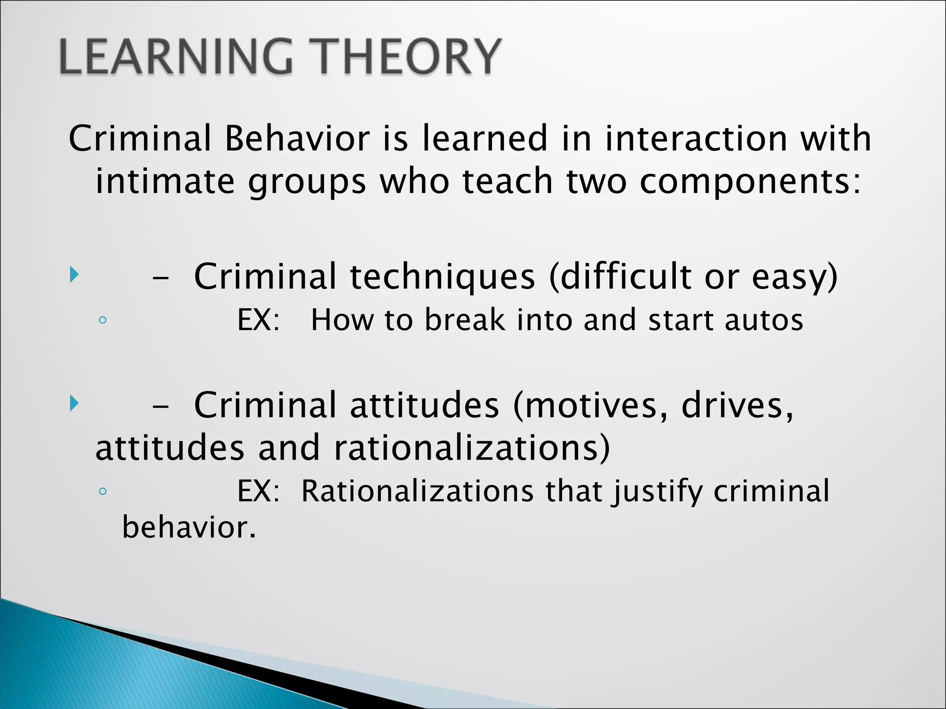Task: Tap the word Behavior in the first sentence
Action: [x=297, y=138]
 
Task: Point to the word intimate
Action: [x=165, y=181]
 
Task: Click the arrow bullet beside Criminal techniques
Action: [x=74, y=275]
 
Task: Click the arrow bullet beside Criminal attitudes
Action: [x=74, y=403]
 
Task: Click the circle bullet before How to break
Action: [x=103, y=320]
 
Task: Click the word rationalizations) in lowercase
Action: [x=472, y=449]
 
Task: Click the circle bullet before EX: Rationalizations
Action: [x=103, y=491]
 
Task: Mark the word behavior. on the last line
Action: [x=188, y=528]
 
